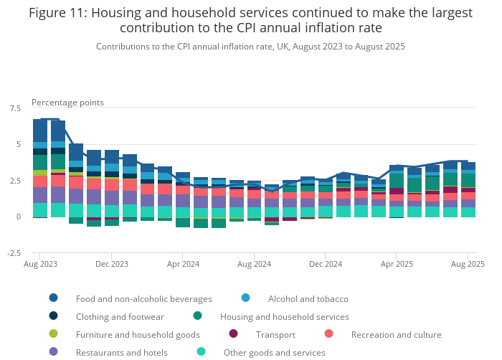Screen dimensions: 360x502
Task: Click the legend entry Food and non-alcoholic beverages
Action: tap(143, 298)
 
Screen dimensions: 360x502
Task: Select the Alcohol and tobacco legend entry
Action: tap(308, 298)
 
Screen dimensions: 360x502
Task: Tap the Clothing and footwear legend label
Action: tap(120, 316)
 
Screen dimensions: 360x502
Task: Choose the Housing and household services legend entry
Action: tap(284, 316)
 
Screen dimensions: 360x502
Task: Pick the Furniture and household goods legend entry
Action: tap(138, 334)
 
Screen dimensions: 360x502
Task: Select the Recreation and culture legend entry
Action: tap(396, 334)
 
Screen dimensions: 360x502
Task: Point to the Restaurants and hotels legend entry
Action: tap(121, 352)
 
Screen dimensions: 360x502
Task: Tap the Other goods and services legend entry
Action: tap(274, 352)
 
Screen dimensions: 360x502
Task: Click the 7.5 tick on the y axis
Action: tap(16, 108)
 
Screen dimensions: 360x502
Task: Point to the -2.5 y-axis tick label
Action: tap(14, 253)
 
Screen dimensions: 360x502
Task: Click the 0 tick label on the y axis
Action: tap(19, 217)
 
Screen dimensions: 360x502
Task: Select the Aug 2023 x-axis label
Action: tap(40, 264)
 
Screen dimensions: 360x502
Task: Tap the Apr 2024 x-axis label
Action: tap(182, 264)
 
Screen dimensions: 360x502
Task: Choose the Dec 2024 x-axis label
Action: tap(326, 264)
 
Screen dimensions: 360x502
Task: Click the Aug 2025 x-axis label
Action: tap(468, 264)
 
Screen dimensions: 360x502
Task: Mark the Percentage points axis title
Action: tap(67, 103)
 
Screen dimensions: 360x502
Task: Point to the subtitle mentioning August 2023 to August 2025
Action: tap(250, 46)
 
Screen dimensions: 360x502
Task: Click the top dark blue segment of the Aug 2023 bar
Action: tap(40, 131)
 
